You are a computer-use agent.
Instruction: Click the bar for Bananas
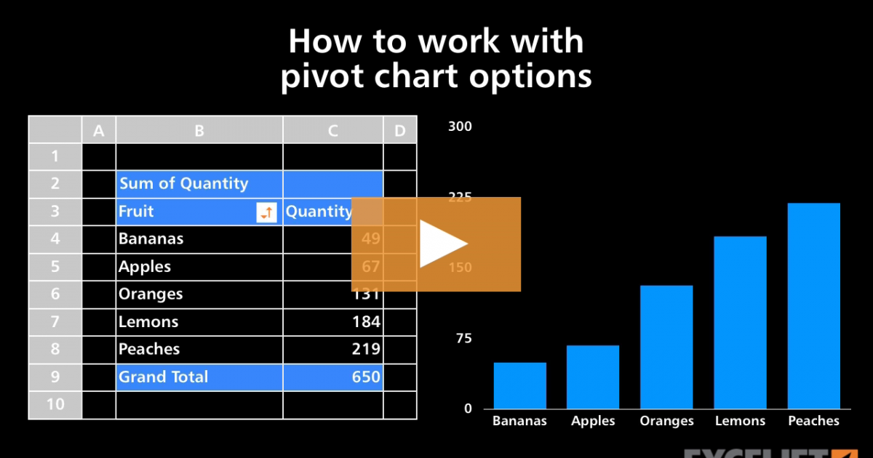coord(519,385)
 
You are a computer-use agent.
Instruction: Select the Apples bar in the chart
coord(594,377)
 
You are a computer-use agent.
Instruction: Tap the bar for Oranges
coord(666,347)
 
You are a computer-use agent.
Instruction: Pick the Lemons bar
coord(740,322)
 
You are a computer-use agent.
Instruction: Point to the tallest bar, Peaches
coord(813,305)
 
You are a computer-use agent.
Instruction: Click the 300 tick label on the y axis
coord(460,126)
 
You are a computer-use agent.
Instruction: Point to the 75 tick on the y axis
coord(463,338)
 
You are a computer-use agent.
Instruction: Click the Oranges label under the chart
coord(667,421)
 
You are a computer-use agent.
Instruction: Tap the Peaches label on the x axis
coord(813,421)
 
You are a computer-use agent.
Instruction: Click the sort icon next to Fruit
coord(267,212)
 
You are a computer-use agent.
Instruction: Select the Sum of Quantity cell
coord(183,184)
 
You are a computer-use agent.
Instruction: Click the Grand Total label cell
coord(164,377)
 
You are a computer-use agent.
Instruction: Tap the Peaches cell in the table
coord(150,350)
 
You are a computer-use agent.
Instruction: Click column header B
coord(199,131)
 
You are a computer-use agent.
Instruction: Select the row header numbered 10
coord(55,405)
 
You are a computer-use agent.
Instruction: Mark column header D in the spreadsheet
coord(399,131)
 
